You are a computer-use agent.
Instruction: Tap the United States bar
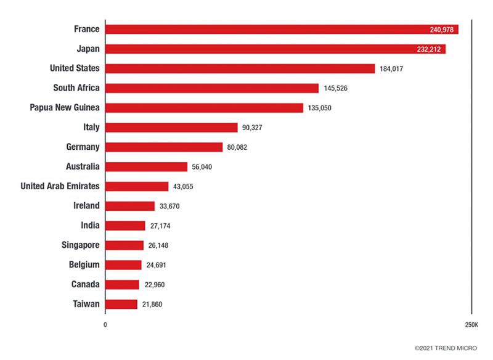240,68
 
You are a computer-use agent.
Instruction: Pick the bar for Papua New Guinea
205,108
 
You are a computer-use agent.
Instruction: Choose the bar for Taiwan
121,304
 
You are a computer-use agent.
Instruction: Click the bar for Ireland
130,206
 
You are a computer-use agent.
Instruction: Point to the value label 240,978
442,30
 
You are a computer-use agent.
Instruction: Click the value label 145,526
335,88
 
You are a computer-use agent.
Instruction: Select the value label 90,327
253,128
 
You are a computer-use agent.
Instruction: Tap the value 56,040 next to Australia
203,167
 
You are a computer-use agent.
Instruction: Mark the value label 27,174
160,226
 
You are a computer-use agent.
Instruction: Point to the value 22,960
154,285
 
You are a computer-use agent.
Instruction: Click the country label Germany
83,147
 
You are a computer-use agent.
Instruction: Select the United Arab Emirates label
60,186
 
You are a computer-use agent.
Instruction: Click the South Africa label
76,88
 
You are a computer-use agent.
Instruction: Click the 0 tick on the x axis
105,325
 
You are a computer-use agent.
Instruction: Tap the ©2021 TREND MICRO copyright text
449,349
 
